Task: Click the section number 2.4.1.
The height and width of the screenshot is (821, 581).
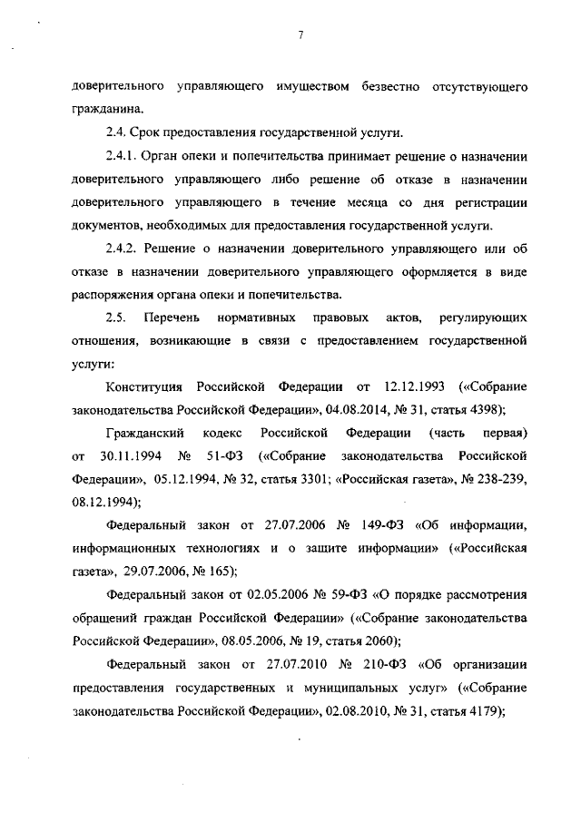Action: (x=122, y=157)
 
